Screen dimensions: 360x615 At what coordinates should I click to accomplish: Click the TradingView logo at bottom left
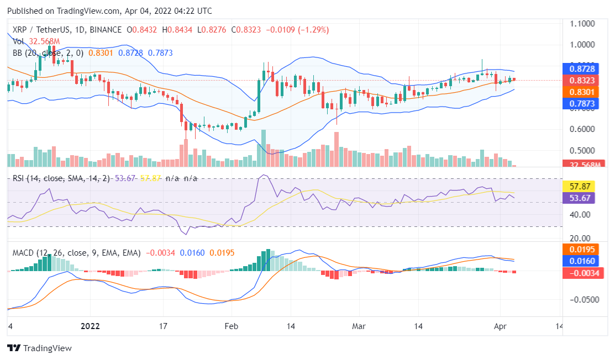(39, 348)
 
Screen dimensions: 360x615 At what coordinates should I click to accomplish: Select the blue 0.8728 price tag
(581, 69)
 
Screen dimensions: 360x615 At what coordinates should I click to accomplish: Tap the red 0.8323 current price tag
(581, 80)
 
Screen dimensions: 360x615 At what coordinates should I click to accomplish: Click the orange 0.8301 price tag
(581, 92)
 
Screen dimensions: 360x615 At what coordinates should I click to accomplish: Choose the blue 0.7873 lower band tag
(581, 103)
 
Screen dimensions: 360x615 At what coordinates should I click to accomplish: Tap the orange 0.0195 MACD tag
(581, 250)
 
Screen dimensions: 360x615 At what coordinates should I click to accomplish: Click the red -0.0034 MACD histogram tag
(581, 272)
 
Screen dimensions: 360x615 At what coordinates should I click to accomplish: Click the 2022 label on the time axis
(90, 326)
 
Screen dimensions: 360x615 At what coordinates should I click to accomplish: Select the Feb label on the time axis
(232, 326)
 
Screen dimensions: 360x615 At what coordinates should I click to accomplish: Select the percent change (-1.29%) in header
(314, 29)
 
